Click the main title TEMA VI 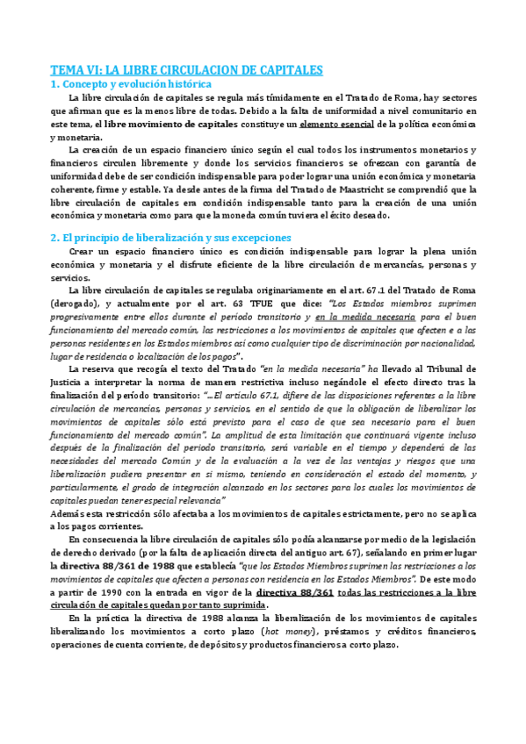tap(186, 69)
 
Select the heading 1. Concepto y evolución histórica tap(132, 83)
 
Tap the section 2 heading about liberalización tap(171, 237)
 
